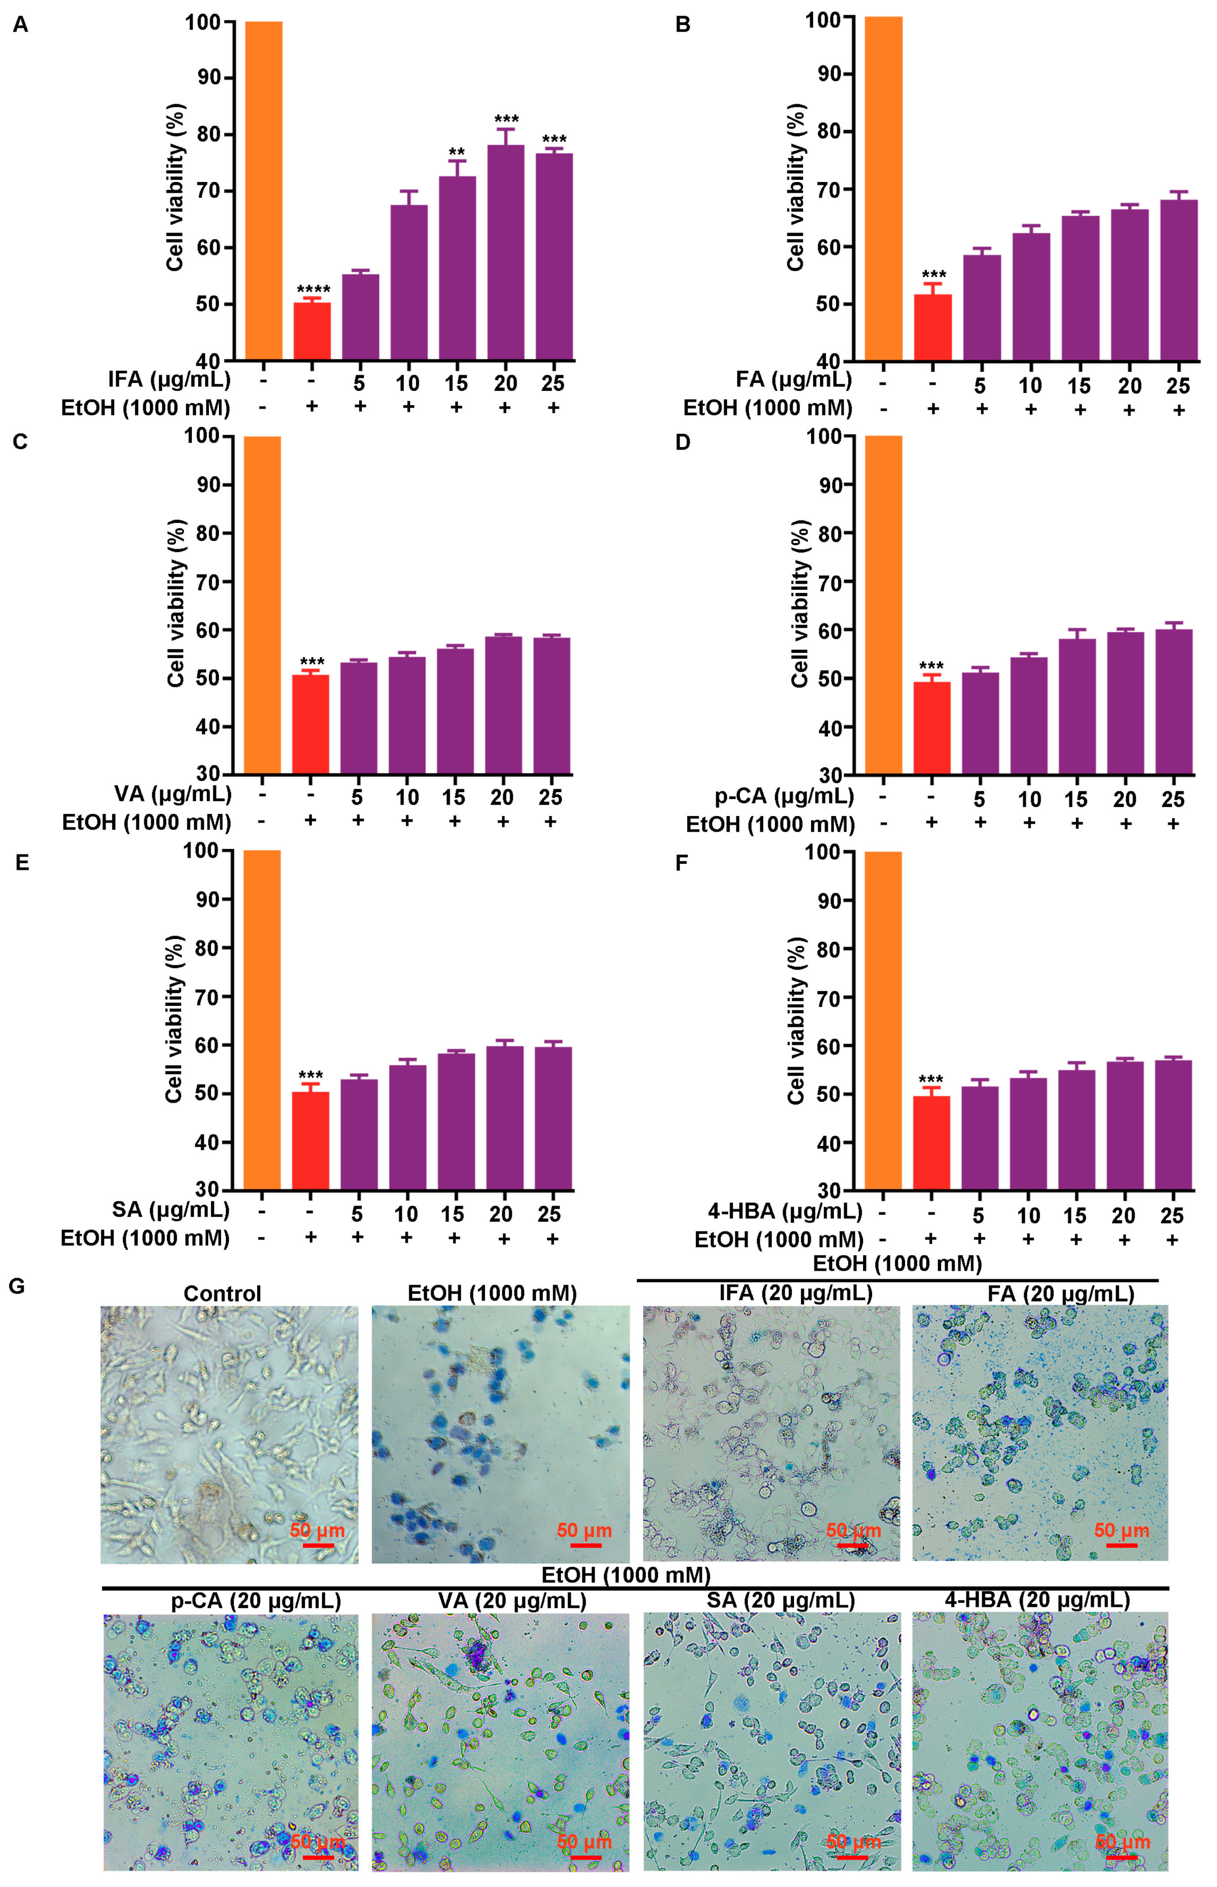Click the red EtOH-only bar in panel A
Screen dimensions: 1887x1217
(312, 331)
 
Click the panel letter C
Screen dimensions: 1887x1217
(20, 442)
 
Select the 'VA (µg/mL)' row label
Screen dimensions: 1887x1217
(173, 793)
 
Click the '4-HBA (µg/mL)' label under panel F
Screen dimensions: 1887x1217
(785, 1210)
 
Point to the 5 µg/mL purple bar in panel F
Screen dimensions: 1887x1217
(979, 1138)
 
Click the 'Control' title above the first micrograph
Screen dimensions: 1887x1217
(222, 1294)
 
